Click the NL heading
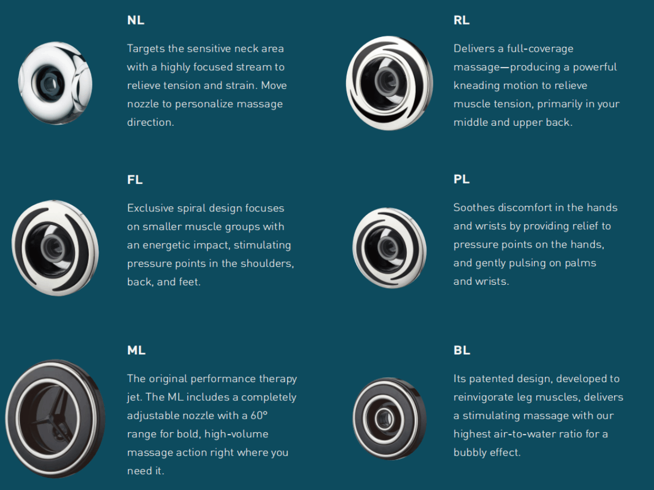136,21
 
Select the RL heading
461,21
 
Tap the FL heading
135,180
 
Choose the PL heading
461,180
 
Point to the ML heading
136,351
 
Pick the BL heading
462,351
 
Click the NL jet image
55,83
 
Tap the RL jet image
389,83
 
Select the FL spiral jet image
55,248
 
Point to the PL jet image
389,248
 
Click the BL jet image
389,418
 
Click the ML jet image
55,418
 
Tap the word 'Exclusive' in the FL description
150,208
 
